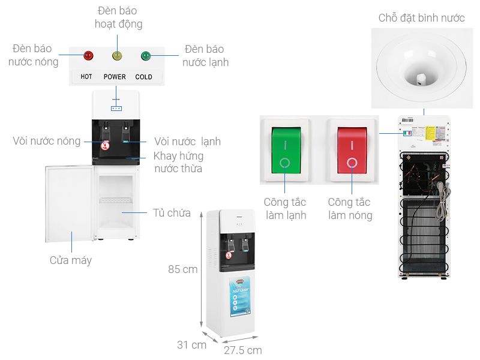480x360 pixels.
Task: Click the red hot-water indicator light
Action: coord(88,56)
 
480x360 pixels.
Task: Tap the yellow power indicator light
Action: coord(117,56)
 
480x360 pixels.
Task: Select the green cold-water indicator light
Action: coord(145,56)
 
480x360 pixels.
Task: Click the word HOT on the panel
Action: coord(86,77)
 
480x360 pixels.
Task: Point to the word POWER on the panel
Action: coord(115,77)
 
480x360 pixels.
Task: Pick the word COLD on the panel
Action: coord(143,77)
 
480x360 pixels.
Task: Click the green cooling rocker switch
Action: coord(284,150)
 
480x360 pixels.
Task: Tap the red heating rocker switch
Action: coord(352,150)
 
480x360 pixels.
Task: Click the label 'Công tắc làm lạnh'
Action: coord(284,209)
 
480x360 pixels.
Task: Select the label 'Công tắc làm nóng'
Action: coord(350,209)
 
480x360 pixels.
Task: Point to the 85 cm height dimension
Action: coord(182,269)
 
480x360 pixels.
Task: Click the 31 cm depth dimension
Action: coord(191,345)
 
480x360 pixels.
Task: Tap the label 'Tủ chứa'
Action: coord(171,213)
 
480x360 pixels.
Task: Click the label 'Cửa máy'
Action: coord(71,260)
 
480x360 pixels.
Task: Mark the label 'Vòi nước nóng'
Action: coord(47,141)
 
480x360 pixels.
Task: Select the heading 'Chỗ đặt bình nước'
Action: coord(421,18)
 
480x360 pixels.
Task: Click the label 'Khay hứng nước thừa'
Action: coord(178,162)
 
